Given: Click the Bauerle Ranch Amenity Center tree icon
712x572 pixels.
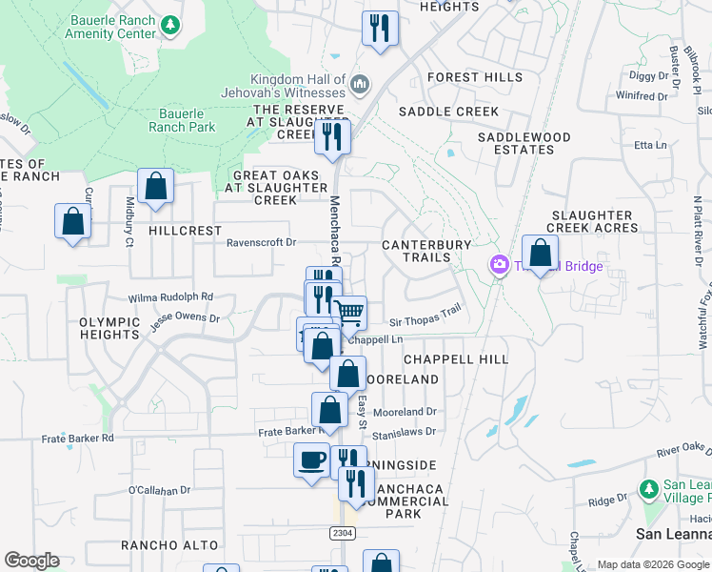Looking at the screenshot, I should click(170, 23).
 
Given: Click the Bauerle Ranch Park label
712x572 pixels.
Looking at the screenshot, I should click(181, 120).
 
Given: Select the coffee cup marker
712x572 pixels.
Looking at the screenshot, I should click(311, 460).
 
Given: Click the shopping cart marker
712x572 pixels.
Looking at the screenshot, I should click(349, 311).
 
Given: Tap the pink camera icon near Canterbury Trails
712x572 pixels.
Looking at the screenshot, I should click(498, 265).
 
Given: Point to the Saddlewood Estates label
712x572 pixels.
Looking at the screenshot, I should click(524, 144).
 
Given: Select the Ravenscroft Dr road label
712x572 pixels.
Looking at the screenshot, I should click(262, 242).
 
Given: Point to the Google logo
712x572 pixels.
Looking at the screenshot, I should click(31, 561).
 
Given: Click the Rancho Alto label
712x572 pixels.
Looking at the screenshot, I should click(169, 545).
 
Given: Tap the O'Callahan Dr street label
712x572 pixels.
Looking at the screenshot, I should click(159, 490).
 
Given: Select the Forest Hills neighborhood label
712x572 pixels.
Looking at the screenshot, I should click(475, 77).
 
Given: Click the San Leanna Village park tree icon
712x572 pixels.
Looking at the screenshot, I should click(648, 489).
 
